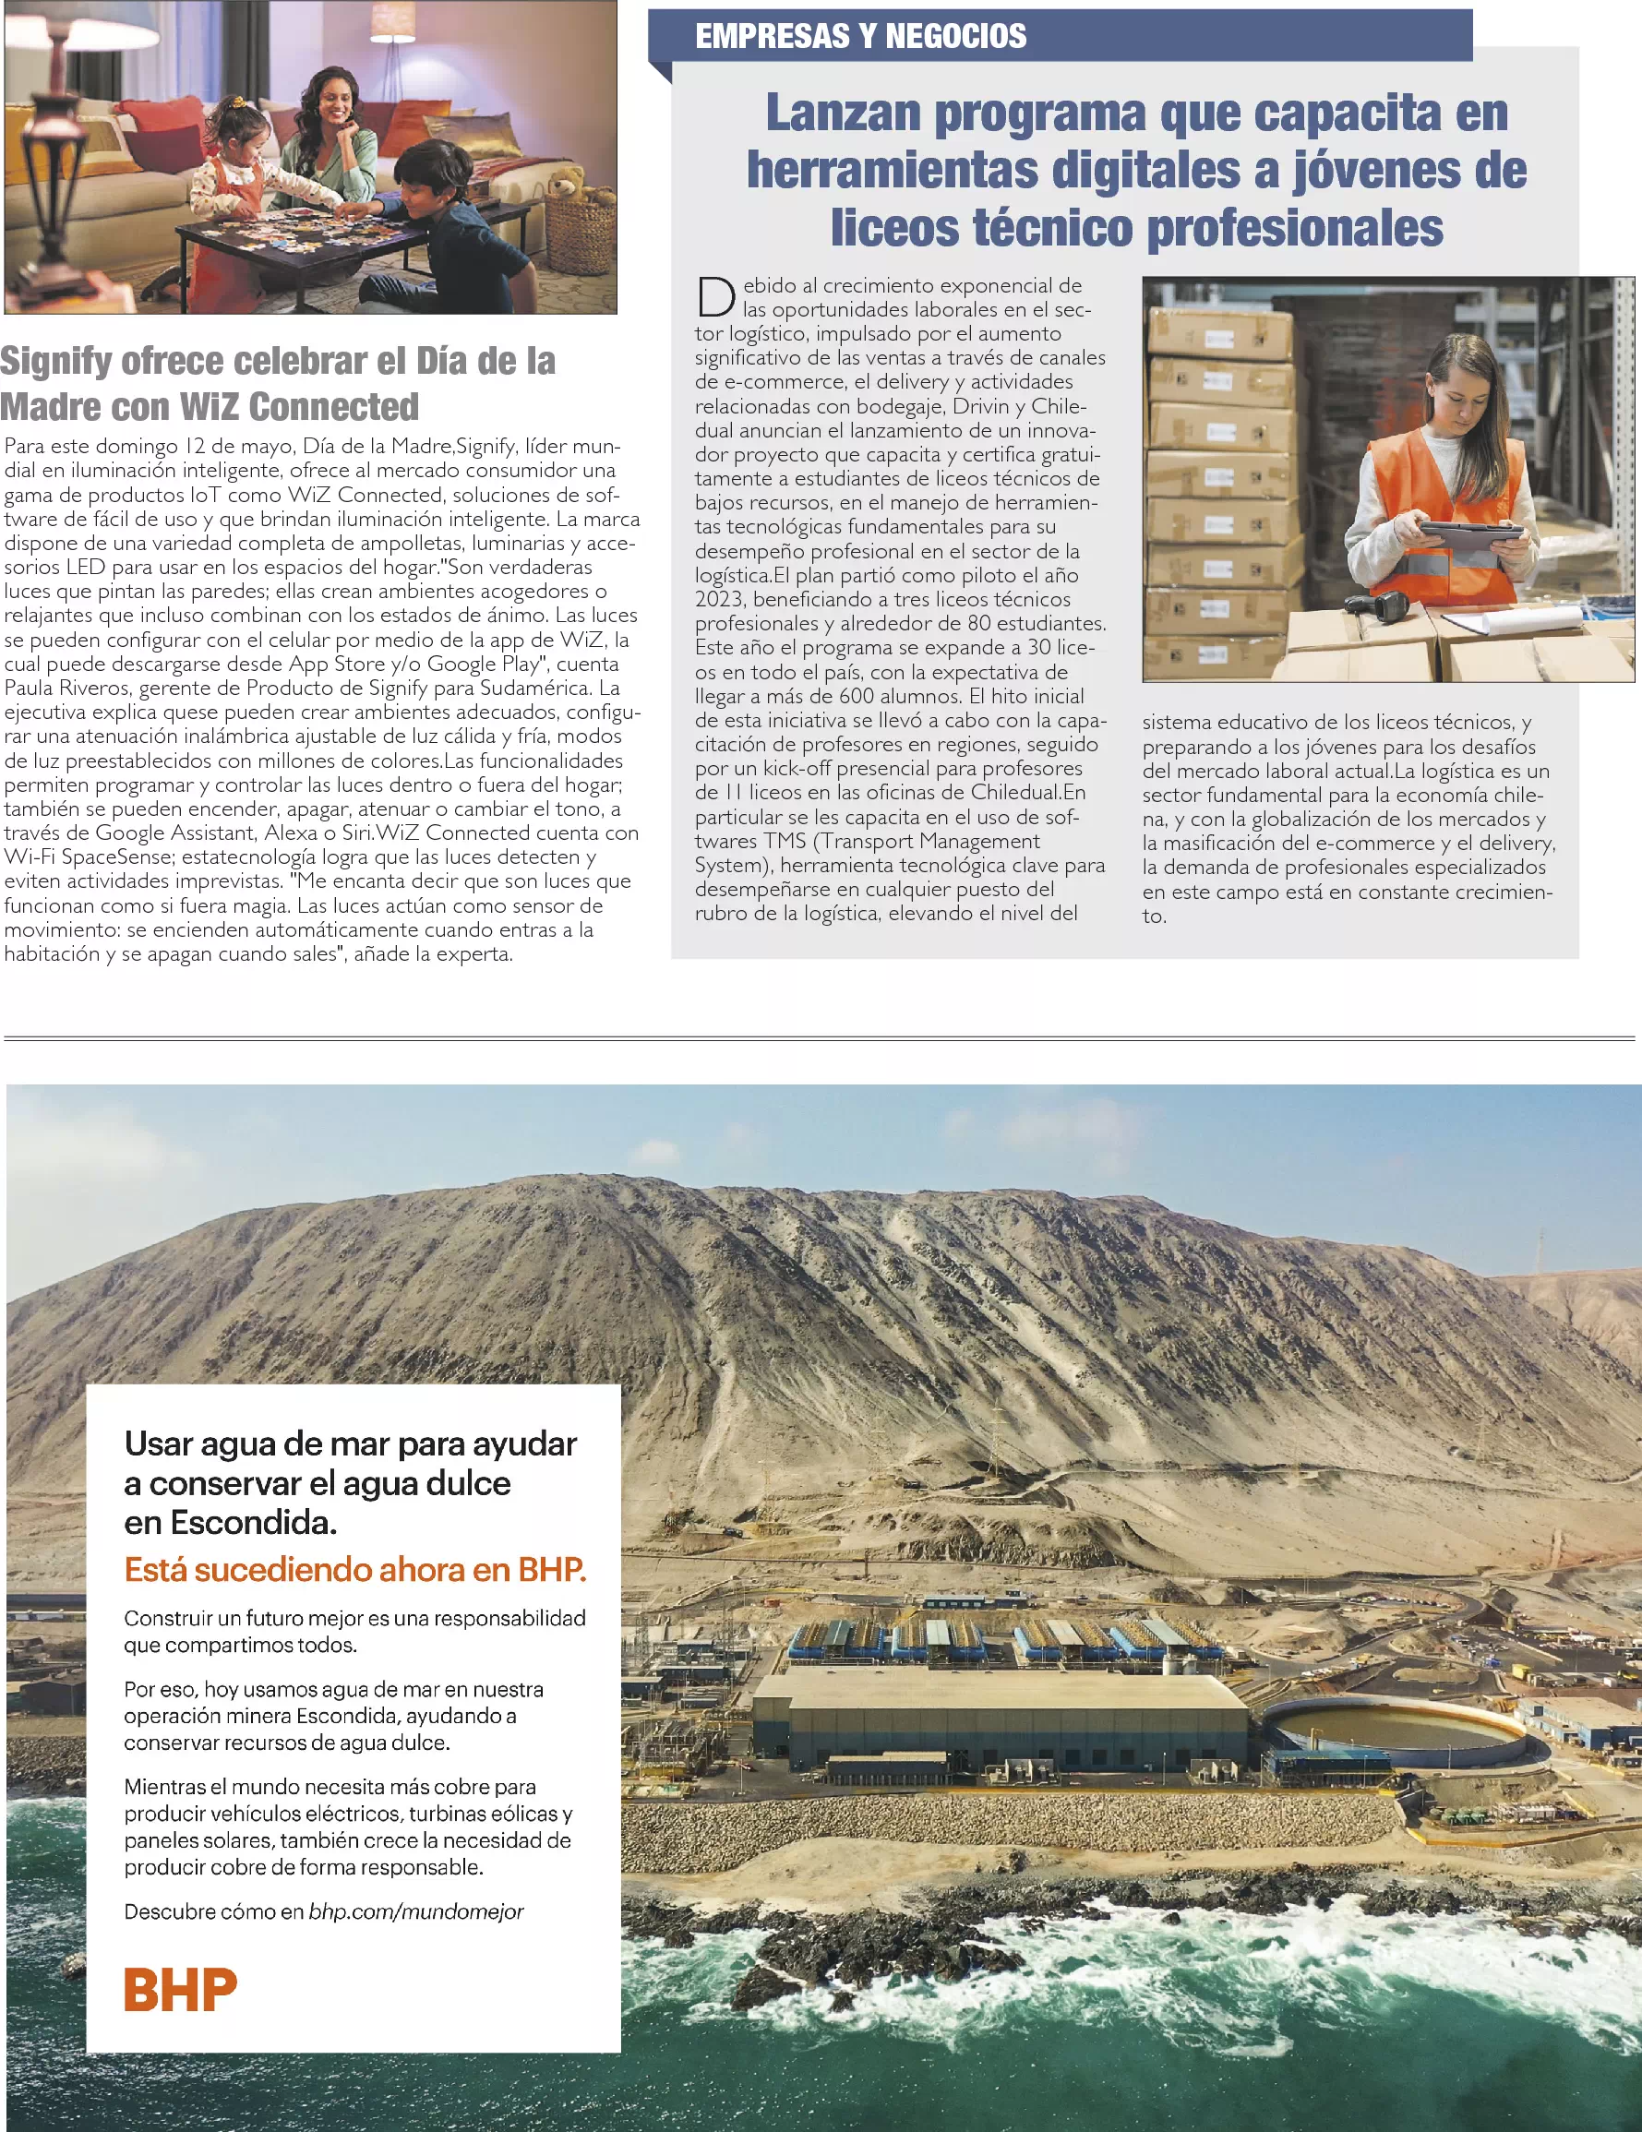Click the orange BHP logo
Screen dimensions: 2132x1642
pos(180,1990)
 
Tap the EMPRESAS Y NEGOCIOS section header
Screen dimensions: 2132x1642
pos(860,36)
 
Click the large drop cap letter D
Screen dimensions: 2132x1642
pos(715,297)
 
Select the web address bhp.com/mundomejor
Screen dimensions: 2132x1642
pos(416,1911)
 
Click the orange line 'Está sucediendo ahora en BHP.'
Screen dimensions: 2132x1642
pos(355,1569)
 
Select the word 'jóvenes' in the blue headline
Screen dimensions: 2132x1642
pos(1390,170)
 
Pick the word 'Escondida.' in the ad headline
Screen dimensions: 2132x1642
pos(231,1522)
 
